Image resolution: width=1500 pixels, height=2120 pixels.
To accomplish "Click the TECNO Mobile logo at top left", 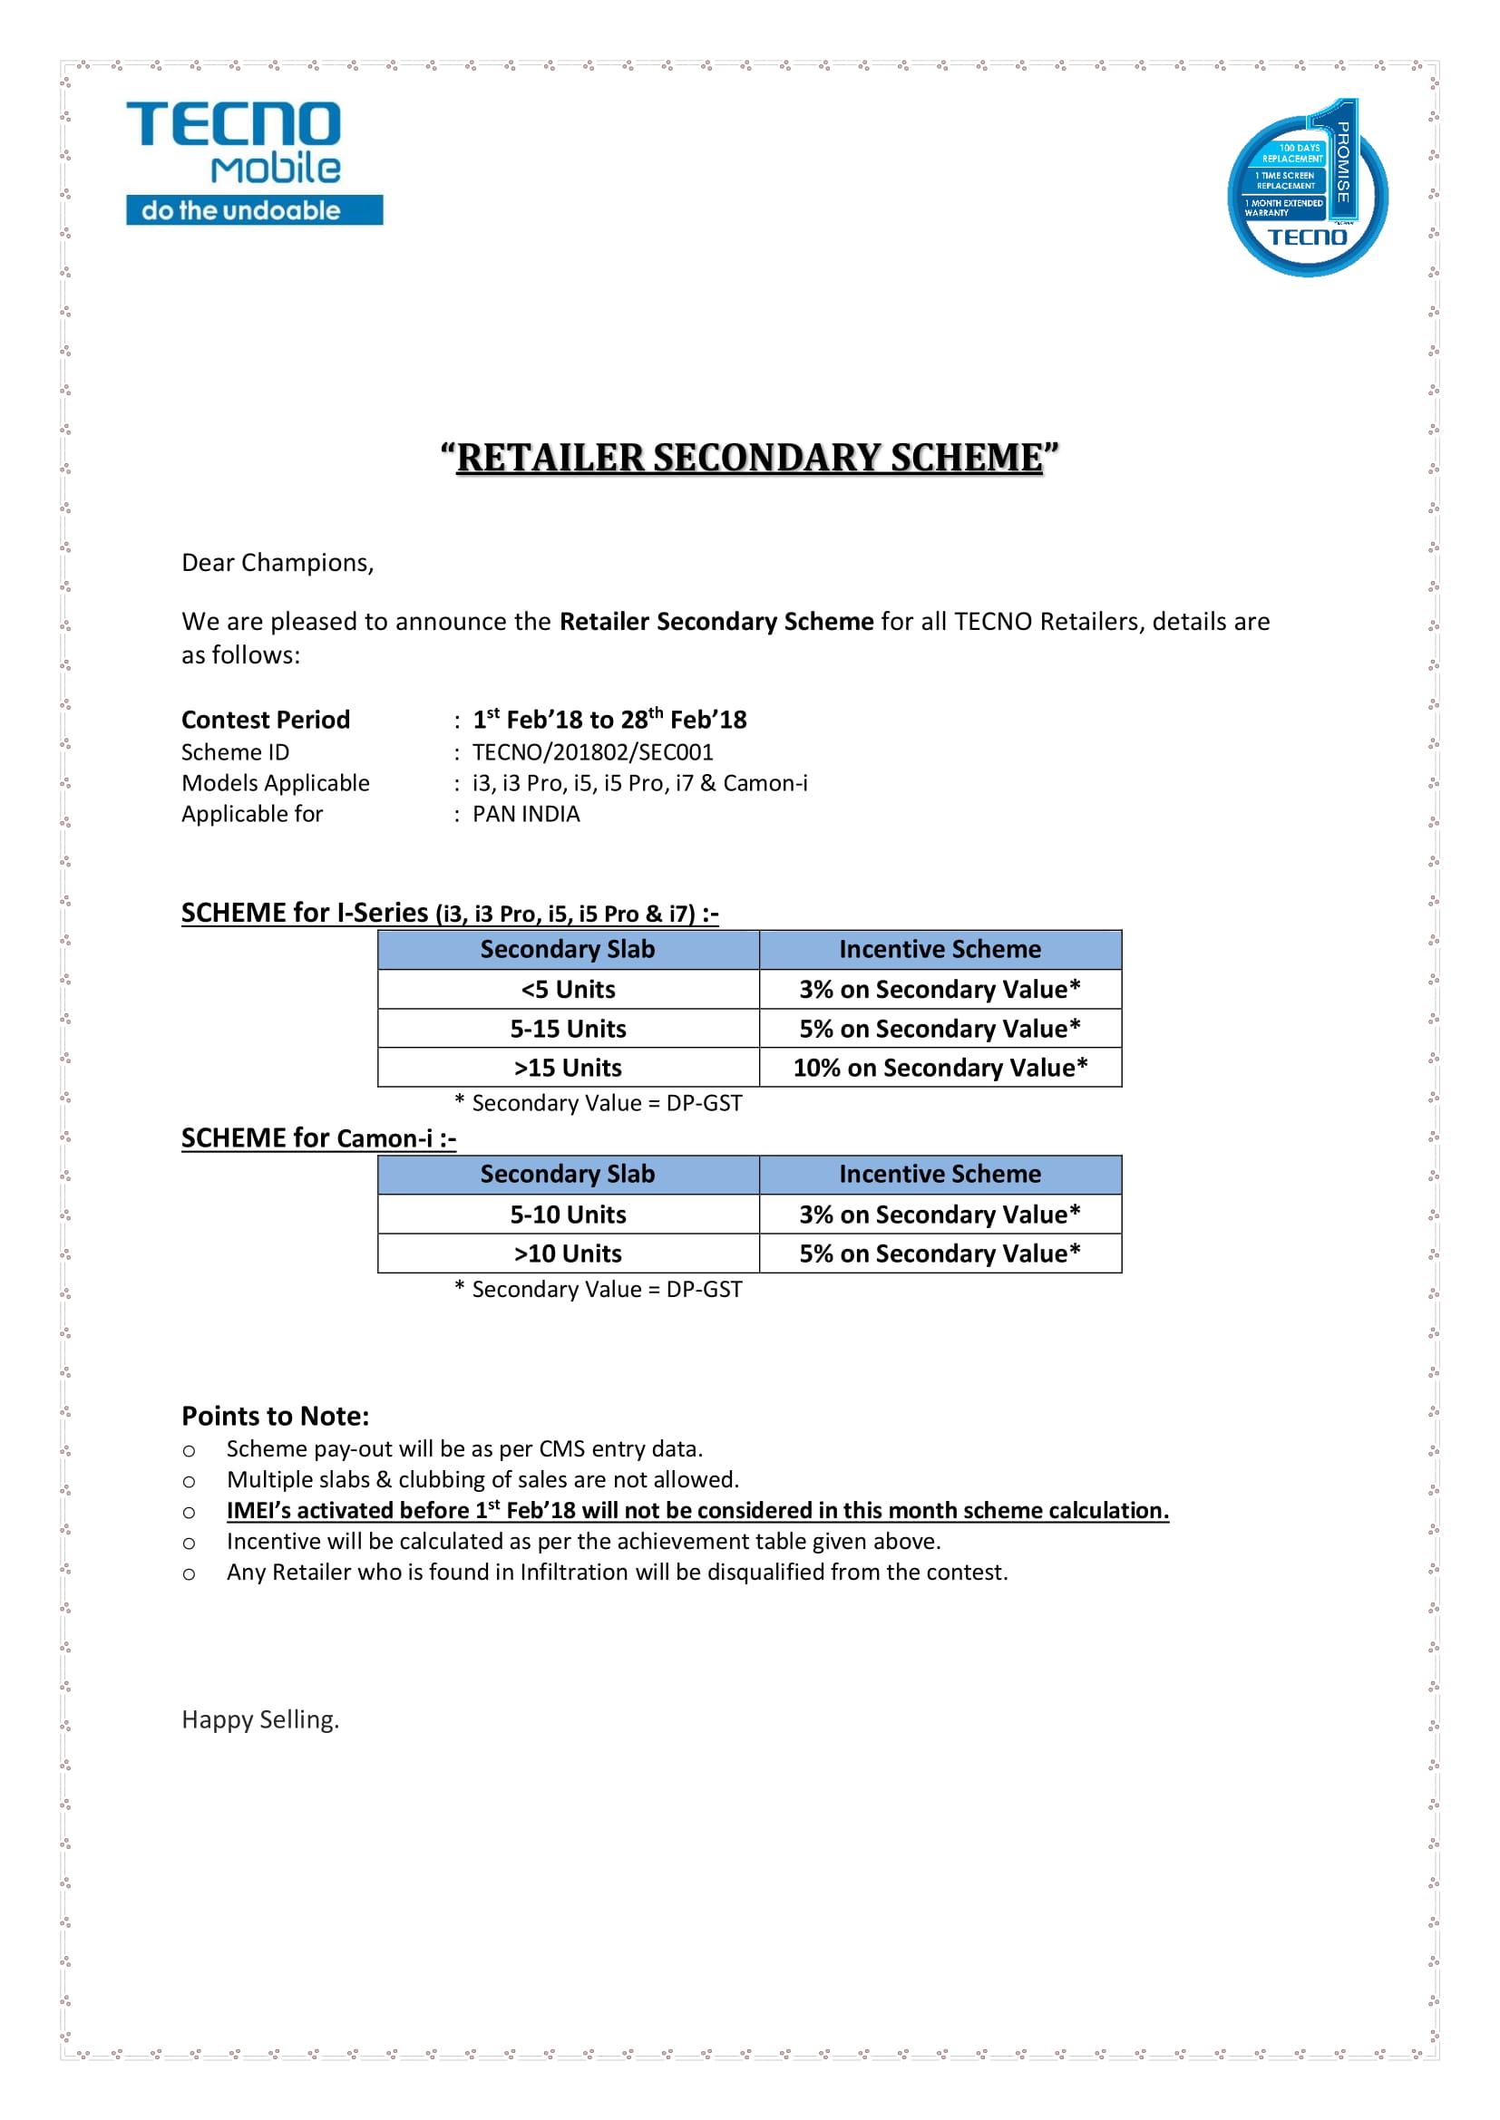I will [x=254, y=162].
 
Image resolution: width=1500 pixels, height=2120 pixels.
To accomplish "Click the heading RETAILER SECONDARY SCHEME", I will [x=749, y=458].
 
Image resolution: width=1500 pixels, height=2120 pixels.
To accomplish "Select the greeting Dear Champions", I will [x=278, y=562].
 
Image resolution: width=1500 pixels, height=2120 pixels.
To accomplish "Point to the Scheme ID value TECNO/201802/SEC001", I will [x=592, y=751].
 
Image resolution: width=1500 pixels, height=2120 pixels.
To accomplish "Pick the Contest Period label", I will [x=265, y=720].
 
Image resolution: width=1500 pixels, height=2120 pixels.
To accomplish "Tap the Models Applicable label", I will [x=276, y=783].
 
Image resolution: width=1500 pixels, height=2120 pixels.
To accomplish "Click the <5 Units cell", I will [x=568, y=989].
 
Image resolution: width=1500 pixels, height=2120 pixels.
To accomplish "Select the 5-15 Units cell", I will [x=568, y=1029].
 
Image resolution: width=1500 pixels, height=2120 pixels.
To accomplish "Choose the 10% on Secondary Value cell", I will [x=940, y=1068].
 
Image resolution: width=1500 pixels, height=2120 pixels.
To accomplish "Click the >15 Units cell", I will [x=568, y=1068].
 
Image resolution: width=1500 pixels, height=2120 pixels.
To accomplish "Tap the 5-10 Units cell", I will [x=568, y=1215].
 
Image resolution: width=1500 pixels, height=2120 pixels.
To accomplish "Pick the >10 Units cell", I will [x=568, y=1253].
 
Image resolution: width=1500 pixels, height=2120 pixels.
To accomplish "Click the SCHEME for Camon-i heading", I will [x=317, y=1137].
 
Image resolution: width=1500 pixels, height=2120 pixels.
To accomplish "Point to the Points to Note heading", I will [x=276, y=1416].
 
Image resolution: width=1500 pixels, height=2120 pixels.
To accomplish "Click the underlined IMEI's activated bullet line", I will [x=697, y=1510].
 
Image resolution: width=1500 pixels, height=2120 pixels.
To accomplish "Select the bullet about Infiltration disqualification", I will [x=617, y=1572].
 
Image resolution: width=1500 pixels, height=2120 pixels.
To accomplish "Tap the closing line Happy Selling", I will [x=260, y=1719].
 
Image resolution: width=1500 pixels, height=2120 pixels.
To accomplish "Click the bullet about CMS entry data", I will [x=464, y=1448].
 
